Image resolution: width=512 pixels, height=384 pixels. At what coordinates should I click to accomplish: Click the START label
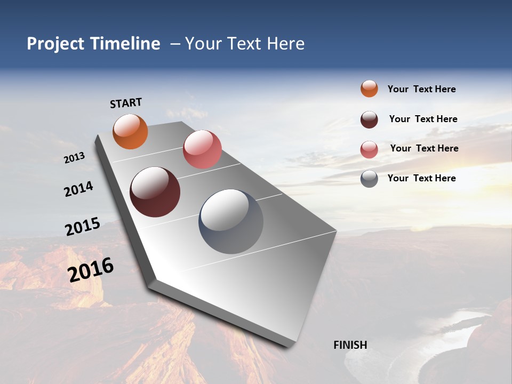point(126,103)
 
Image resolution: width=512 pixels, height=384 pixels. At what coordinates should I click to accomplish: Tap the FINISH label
point(350,345)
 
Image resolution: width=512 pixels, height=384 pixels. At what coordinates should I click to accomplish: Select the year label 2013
point(74,158)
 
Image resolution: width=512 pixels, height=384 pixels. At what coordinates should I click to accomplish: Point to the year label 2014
point(78,189)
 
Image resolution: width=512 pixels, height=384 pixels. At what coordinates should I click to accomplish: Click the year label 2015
point(83,227)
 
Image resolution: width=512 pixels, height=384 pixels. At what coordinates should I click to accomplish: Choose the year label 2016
point(91,270)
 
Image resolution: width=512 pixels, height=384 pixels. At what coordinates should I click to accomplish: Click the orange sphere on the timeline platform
point(130,132)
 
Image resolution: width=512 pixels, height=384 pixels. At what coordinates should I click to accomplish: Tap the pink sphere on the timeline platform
point(202,149)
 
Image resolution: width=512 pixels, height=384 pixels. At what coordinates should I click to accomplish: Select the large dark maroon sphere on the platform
point(155,192)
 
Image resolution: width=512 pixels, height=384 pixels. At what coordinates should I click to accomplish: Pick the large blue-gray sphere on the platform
point(231,221)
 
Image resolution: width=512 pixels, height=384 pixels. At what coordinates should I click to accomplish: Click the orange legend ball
point(369,89)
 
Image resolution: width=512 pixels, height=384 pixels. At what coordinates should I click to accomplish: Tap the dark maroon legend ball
point(369,119)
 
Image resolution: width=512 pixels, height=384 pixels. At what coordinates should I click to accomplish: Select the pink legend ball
point(369,149)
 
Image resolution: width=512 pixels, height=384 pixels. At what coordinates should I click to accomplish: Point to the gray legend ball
point(369,179)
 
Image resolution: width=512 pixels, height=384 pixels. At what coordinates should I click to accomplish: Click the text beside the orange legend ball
point(421,90)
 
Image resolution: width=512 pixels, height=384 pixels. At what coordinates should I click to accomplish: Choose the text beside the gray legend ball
point(421,178)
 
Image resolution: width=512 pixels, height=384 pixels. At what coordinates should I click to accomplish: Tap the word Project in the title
point(54,44)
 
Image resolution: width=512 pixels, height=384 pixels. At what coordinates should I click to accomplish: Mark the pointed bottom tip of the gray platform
point(288,346)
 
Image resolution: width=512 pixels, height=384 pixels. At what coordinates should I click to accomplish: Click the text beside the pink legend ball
point(424,148)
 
